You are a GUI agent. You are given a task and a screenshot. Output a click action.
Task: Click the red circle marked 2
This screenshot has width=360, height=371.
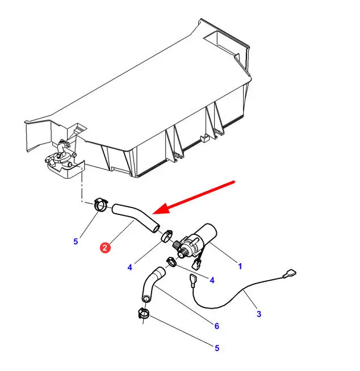(105, 247)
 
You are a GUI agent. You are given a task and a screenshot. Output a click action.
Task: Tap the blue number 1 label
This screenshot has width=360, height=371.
(240, 266)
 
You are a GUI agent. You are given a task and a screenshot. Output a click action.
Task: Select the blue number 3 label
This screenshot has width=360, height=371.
(259, 314)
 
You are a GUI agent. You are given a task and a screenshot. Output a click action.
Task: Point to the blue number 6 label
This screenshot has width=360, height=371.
(217, 326)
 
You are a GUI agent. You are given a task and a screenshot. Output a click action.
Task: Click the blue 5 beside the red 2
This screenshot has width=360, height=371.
(76, 242)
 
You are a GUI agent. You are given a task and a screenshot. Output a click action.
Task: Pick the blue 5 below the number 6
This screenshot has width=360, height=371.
(217, 348)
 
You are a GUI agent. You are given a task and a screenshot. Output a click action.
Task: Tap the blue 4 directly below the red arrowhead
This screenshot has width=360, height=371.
(130, 267)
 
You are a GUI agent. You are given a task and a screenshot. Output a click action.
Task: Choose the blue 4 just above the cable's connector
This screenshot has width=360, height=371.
(212, 280)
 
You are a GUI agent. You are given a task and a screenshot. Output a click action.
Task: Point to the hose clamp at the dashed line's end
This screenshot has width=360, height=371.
(101, 204)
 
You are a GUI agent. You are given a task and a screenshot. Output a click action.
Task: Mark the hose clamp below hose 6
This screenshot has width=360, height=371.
(144, 313)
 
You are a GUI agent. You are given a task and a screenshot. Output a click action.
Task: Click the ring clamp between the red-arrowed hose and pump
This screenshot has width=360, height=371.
(166, 236)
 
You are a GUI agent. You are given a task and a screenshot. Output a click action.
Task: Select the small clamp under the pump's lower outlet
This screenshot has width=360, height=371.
(171, 262)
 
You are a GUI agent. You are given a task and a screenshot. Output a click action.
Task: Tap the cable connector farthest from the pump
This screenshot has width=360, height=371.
(290, 274)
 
